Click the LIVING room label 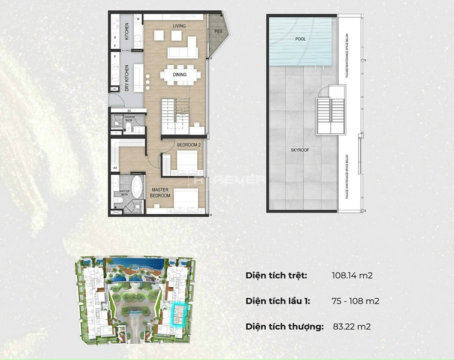[x=179, y=26]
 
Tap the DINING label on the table [x=179, y=75]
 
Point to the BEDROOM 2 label [x=189, y=145]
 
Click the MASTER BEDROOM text [x=160, y=192]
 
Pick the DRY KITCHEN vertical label [x=127, y=77]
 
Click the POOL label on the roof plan [x=300, y=38]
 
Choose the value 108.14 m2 [x=352, y=275]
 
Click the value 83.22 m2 [x=351, y=326]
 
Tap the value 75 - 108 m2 [x=355, y=301]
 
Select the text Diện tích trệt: [x=276, y=275]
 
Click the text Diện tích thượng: [x=284, y=326]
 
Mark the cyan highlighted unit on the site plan [x=179, y=314]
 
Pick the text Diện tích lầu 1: [x=278, y=301]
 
